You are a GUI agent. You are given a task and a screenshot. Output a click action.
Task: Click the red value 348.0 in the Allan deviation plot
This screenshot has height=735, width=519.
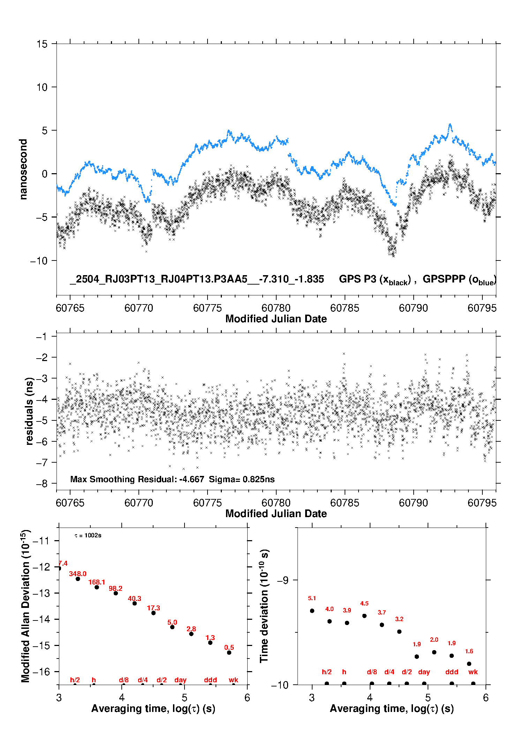[x=77, y=574]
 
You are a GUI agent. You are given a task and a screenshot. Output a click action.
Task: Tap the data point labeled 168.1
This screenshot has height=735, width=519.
[x=97, y=587]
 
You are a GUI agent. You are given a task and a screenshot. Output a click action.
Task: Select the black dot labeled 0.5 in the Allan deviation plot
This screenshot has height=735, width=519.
[x=229, y=653]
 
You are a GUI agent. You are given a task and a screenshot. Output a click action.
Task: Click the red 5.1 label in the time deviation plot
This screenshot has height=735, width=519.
[x=312, y=598]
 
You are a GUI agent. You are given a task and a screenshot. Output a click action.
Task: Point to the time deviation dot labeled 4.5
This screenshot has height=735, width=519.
[x=364, y=616]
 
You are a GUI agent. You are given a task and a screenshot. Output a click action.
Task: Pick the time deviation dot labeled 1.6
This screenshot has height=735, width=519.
[x=469, y=664]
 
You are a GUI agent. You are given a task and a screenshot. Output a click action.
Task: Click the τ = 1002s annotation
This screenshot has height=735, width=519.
[x=88, y=536]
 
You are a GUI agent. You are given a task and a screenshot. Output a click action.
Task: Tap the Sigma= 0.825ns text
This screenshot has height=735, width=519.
[x=242, y=479]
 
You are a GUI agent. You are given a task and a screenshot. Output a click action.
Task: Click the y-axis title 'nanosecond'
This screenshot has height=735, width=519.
[x=23, y=169]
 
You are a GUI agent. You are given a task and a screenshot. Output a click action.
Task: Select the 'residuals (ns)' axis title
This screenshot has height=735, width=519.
[x=29, y=411]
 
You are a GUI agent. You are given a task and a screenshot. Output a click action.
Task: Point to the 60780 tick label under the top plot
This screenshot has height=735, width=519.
[x=276, y=308]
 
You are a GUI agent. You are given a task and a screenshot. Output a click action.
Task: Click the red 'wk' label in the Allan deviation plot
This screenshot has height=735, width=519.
[x=233, y=680]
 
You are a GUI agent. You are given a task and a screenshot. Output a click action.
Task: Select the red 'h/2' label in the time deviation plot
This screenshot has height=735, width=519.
[x=326, y=672]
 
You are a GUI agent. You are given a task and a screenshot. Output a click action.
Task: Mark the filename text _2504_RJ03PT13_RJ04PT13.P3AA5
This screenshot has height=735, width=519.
[x=158, y=279]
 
